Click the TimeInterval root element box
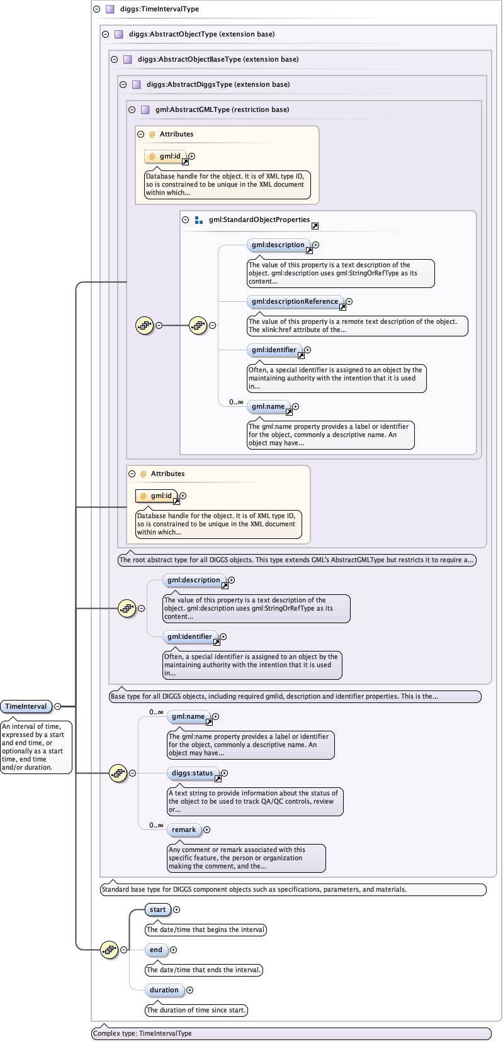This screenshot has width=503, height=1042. click(x=26, y=706)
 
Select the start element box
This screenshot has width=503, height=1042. click(x=157, y=909)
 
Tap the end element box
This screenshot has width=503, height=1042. click(x=156, y=950)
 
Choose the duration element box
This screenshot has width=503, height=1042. click(x=164, y=990)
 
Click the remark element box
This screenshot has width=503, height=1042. click(x=184, y=829)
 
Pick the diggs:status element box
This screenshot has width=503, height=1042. click(x=192, y=773)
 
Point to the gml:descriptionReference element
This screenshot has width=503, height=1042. click(x=295, y=301)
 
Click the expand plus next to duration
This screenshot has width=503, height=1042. click(x=189, y=990)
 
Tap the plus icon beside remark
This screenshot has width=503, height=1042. click(x=206, y=830)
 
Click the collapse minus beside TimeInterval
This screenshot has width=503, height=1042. click(x=58, y=706)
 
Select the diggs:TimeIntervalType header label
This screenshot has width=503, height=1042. click(x=159, y=9)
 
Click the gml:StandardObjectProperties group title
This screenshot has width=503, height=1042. click(x=259, y=219)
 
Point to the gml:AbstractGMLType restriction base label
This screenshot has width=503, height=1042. click(x=222, y=109)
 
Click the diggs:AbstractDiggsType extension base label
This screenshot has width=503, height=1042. click(x=218, y=84)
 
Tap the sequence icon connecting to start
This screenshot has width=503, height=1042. click(x=109, y=950)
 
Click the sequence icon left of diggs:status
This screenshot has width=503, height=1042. click(x=118, y=773)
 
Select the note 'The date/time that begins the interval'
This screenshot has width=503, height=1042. click(x=205, y=929)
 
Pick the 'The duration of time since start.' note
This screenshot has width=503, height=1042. click(x=196, y=1010)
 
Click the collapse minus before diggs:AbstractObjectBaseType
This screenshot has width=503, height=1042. click(x=114, y=59)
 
